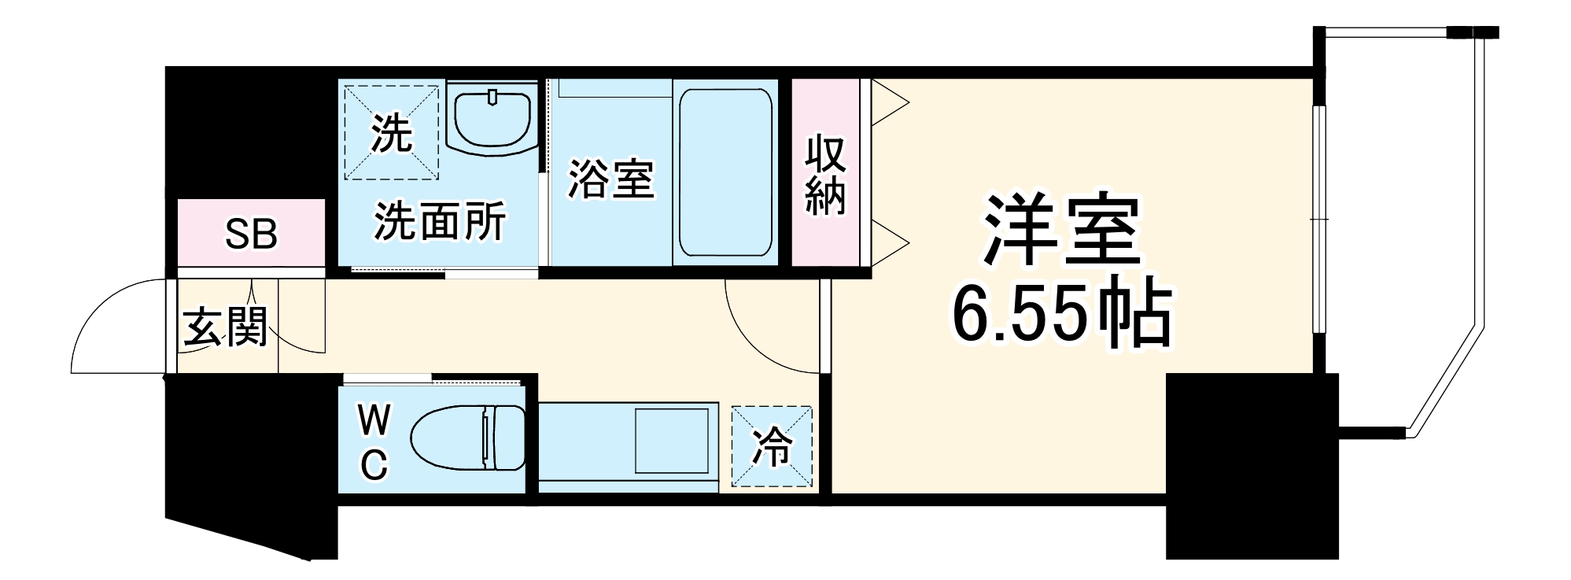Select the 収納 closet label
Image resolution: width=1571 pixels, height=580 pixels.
click(x=824, y=175)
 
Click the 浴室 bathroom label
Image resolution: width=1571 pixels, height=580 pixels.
click(x=610, y=178)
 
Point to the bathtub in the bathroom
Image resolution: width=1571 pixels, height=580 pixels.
click(x=725, y=172)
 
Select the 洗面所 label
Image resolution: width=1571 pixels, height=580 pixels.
click(x=439, y=221)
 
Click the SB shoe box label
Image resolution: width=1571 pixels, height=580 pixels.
click(x=251, y=234)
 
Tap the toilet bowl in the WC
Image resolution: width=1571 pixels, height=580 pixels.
click(x=467, y=438)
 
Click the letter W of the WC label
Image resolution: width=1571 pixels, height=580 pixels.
click(x=374, y=421)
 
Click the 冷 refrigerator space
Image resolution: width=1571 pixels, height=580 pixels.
click(x=772, y=446)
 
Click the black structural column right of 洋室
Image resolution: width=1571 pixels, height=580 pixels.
click(x=1251, y=464)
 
